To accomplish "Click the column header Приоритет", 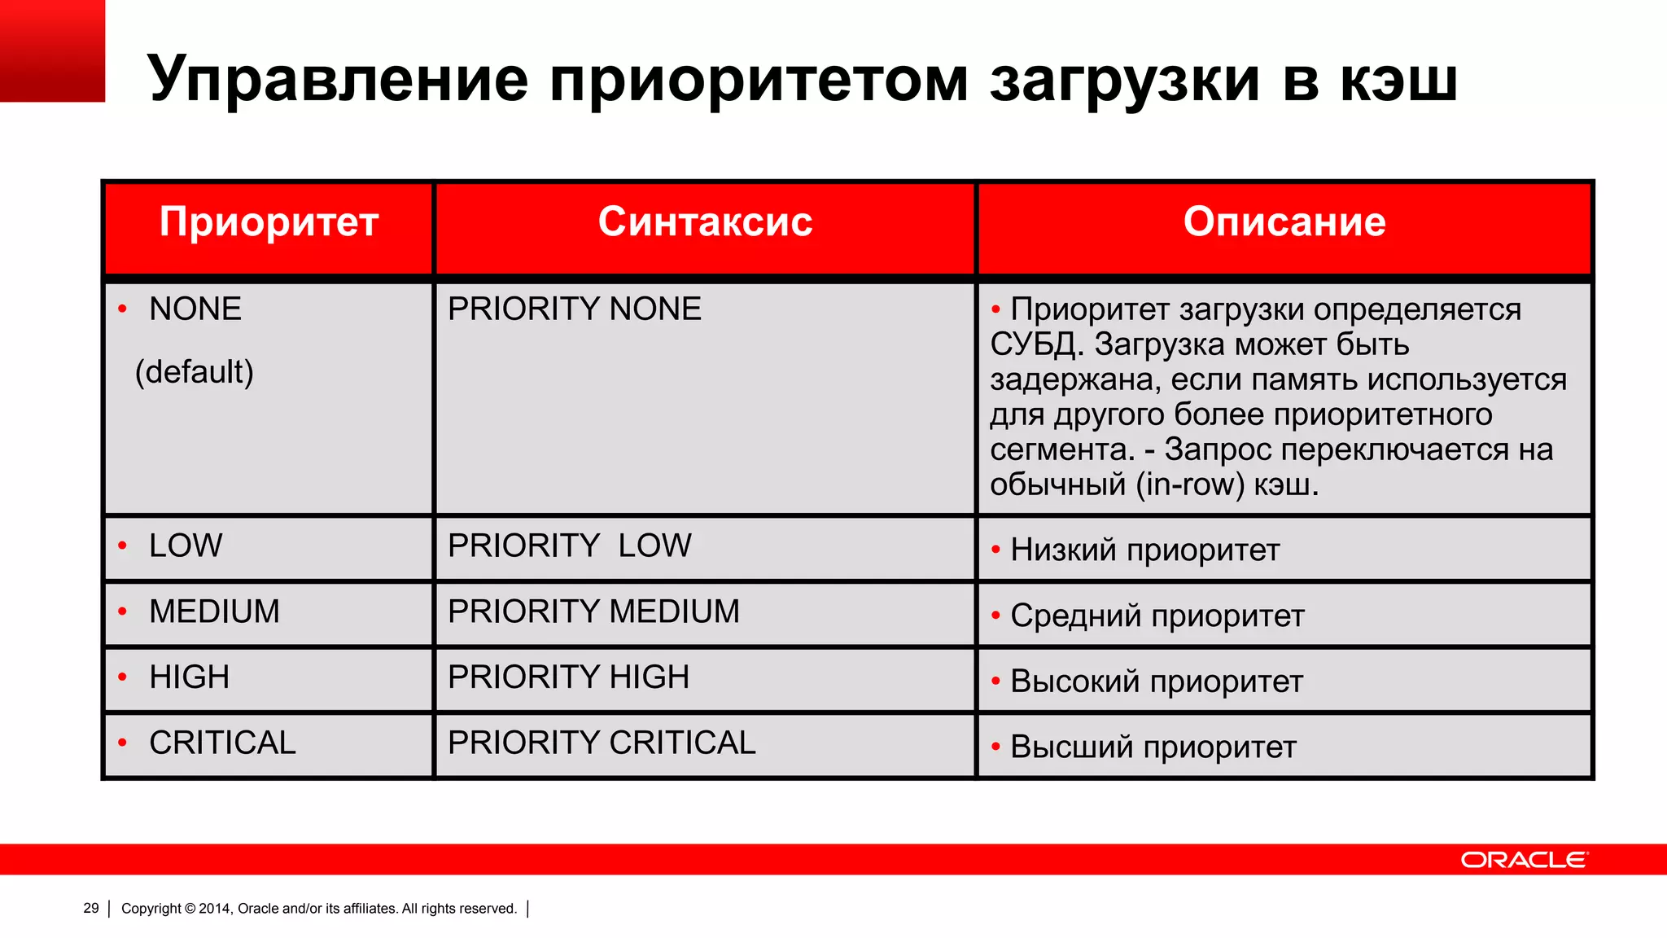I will click(x=269, y=222).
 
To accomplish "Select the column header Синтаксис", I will click(x=705, y=222).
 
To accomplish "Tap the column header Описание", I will click(x=1284, y=222).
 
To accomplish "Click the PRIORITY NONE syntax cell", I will click(x=574, y=309).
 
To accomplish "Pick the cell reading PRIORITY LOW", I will click(x=569, y=546).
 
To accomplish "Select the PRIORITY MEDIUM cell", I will click(x=593, y=611).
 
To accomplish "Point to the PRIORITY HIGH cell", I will click(x=568, y=677).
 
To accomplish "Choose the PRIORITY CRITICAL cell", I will click(x=602, y=743).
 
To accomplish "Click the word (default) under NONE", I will click(x=194, y=372).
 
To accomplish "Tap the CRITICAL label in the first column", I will click(x=222, y=743).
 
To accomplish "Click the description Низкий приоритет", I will click(x=1144, y=550).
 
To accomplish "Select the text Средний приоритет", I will click(x=1157, y=616).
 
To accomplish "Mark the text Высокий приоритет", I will click(x=1156, y=682).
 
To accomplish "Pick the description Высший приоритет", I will click(x=1153, y=747).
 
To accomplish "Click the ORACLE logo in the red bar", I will click(x=1523, y=860).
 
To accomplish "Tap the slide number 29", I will click(x=91, y=908).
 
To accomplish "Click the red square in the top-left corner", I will click(x=52, y=50).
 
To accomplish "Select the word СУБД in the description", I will click(x=1032, y=345).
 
